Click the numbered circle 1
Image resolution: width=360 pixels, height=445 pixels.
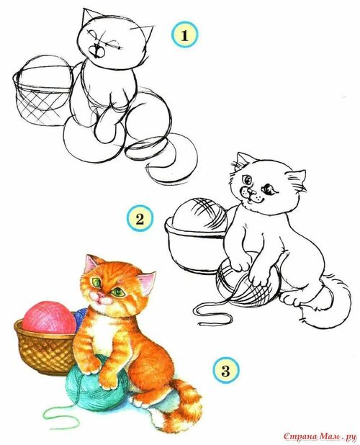click(x=184, y=36)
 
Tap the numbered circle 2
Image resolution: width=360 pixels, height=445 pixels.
click(x=140, y=219)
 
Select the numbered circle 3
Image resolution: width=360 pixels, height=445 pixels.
click(x=225, y=370)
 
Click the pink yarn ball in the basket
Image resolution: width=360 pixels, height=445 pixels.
click(x=49, y=318)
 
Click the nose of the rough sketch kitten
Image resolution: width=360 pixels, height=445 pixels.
click(x=97, y=51)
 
